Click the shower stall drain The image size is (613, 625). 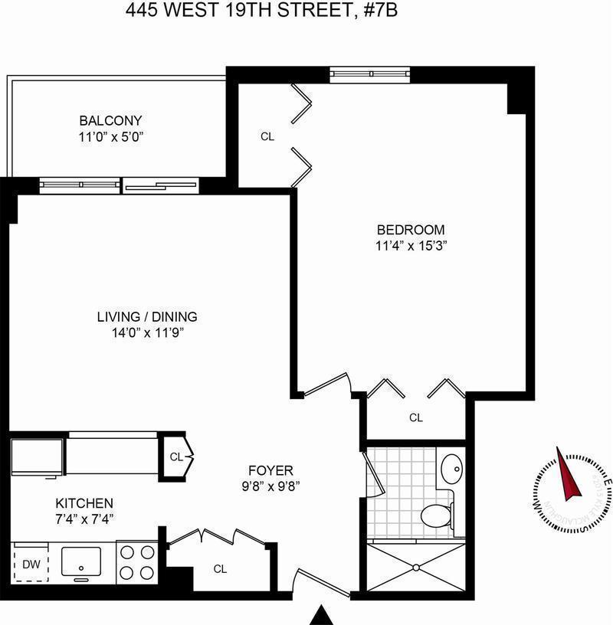coord(416,568)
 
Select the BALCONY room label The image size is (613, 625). coord(110,120)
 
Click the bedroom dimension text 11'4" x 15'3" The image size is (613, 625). coord(410,247)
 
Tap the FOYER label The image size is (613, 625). coord(270,470)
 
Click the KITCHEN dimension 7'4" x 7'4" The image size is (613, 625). coord(84,519)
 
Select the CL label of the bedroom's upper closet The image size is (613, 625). coord(267,137)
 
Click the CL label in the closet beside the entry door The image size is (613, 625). coord(220,569)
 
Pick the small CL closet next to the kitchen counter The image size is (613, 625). coord(175,457)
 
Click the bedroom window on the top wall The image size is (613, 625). coord(371,74)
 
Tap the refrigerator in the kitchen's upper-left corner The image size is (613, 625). coord(37,457)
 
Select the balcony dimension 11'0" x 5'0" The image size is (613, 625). coord(110,137)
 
